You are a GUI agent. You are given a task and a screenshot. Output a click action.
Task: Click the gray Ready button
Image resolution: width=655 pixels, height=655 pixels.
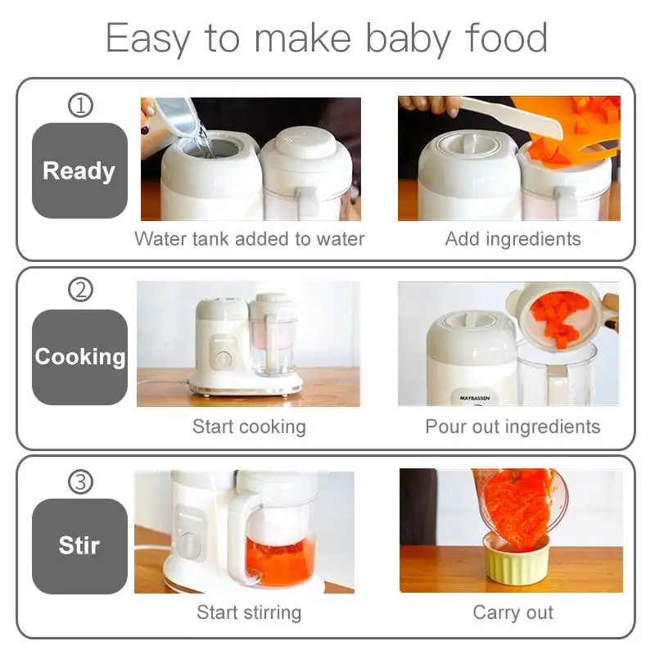coord(79,170)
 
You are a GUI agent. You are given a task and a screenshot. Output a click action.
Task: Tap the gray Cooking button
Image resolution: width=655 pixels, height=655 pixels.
coord(79,357)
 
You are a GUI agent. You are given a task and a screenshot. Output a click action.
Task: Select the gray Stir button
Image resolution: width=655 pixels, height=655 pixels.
coord(79,545)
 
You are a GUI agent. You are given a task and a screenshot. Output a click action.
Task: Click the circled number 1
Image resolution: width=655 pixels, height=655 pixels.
coord(80,106)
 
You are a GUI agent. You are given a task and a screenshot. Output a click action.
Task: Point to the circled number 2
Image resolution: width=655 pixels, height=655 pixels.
coord(80,290)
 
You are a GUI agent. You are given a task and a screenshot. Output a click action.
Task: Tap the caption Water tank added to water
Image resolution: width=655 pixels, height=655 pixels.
coord(249,239)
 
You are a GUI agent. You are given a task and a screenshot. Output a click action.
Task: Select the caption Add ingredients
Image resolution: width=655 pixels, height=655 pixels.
coord(513,239)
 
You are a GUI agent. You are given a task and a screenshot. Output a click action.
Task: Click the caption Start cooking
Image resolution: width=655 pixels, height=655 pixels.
coord(249,427)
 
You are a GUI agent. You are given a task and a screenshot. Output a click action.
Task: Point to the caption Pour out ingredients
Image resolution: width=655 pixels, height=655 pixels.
coord(513,427)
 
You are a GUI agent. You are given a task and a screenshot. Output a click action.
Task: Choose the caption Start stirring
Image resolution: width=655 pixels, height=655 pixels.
coord(249,612)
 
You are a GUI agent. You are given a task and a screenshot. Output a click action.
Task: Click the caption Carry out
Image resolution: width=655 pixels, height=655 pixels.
coord(513,612)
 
